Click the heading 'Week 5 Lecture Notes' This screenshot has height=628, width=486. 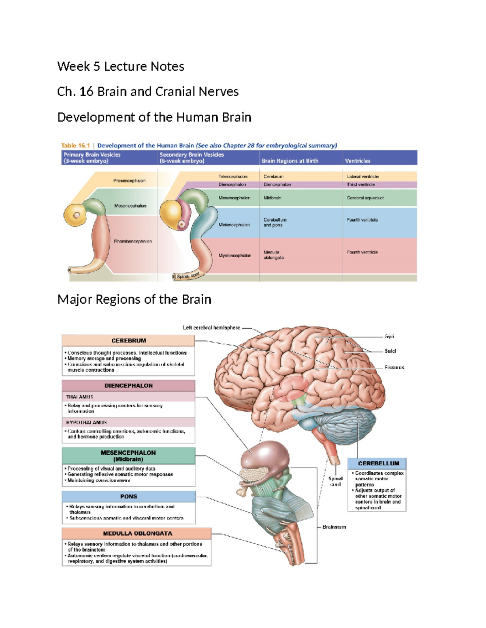click(121, 66)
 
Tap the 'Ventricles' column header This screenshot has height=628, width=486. click(357, 161)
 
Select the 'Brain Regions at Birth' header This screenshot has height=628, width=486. click(290, 161)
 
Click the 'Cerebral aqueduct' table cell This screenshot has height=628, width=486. click(365, 198)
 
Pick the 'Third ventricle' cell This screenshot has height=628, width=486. click(360, 184)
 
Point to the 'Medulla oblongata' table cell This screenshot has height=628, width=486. click(273, 255)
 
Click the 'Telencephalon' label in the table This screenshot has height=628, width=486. click(233, 177)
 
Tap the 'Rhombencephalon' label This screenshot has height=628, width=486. click(132, 241)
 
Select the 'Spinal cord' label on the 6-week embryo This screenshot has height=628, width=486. click(188, 276)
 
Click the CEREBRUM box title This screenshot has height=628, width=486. click(129, 341)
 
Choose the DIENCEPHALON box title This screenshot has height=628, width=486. click(128, 386)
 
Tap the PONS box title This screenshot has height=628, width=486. click(128, 497)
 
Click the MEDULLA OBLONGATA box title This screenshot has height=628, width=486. click(137, 534)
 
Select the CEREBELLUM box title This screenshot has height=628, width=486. click(378, 463)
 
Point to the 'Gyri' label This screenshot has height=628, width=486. click(389, 336)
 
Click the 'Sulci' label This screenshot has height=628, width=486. click(390, 351)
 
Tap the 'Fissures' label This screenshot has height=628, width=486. click(394, 368)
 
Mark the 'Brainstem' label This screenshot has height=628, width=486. click(334, 527)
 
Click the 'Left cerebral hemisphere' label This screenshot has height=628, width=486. click(211, 328)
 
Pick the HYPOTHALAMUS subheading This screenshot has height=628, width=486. click(86, 423)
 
